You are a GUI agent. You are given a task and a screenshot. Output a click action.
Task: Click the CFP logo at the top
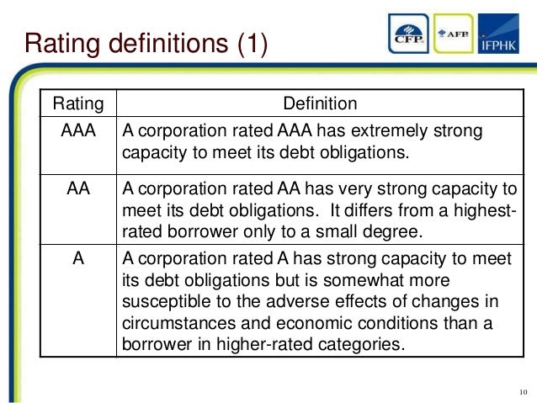(412, 34)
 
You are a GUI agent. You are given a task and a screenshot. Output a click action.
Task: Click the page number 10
(523, 392)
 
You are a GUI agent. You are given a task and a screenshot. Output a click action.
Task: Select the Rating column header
(78, 104)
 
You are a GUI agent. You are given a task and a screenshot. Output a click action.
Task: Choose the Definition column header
(320, 104)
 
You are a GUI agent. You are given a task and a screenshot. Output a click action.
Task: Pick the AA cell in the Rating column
(78, 189)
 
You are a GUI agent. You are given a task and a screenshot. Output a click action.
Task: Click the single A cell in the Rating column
(78, 259)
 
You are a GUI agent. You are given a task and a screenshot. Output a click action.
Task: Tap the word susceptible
(164, 302)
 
